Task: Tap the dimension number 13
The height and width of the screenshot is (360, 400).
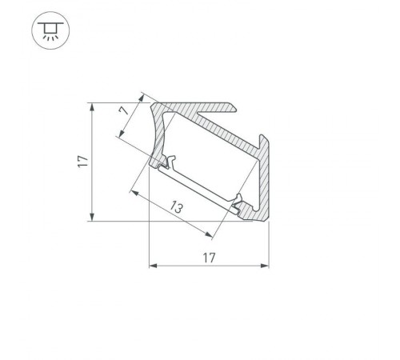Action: pos(177,209)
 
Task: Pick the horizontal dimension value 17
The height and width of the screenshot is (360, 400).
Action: pos(209,258)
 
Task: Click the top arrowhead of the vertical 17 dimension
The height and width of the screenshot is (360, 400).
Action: pos(94,106)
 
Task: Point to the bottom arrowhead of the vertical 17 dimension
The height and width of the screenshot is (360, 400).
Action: pos(94,218)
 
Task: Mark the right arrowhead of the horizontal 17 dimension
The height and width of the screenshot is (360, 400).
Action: pos(265,265)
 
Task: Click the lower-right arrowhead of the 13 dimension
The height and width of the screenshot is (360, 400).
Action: pos(210,235)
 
